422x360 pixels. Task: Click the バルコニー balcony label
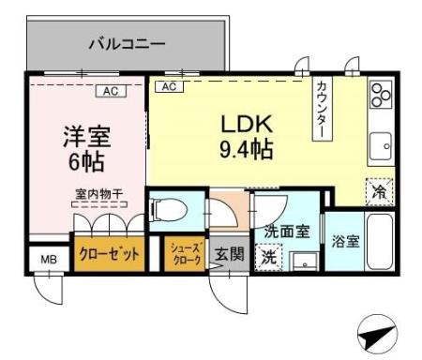click(x=127, y=43)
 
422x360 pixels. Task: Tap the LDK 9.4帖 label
click(x=248, y=137)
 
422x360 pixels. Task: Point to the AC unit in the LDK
click(x=169, y=87)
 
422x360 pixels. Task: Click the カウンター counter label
click(x=319, y=108)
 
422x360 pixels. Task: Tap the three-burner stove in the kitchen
click(x=379, y=95)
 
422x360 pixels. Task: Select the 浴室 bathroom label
click(x=342, y=241)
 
